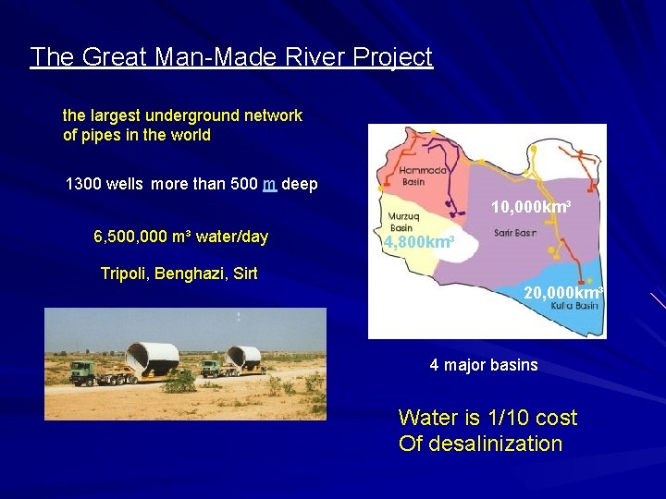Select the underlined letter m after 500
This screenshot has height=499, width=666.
[270, 184]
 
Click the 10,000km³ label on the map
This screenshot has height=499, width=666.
[529, 207]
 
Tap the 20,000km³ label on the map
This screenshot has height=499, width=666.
[562, 294]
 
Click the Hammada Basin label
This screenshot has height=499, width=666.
[425, 176]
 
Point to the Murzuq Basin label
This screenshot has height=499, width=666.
[402, 222]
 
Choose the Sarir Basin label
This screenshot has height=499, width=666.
[515, 233]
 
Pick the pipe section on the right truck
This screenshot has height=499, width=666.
[245, 357]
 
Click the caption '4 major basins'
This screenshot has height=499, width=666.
[483, 365]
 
